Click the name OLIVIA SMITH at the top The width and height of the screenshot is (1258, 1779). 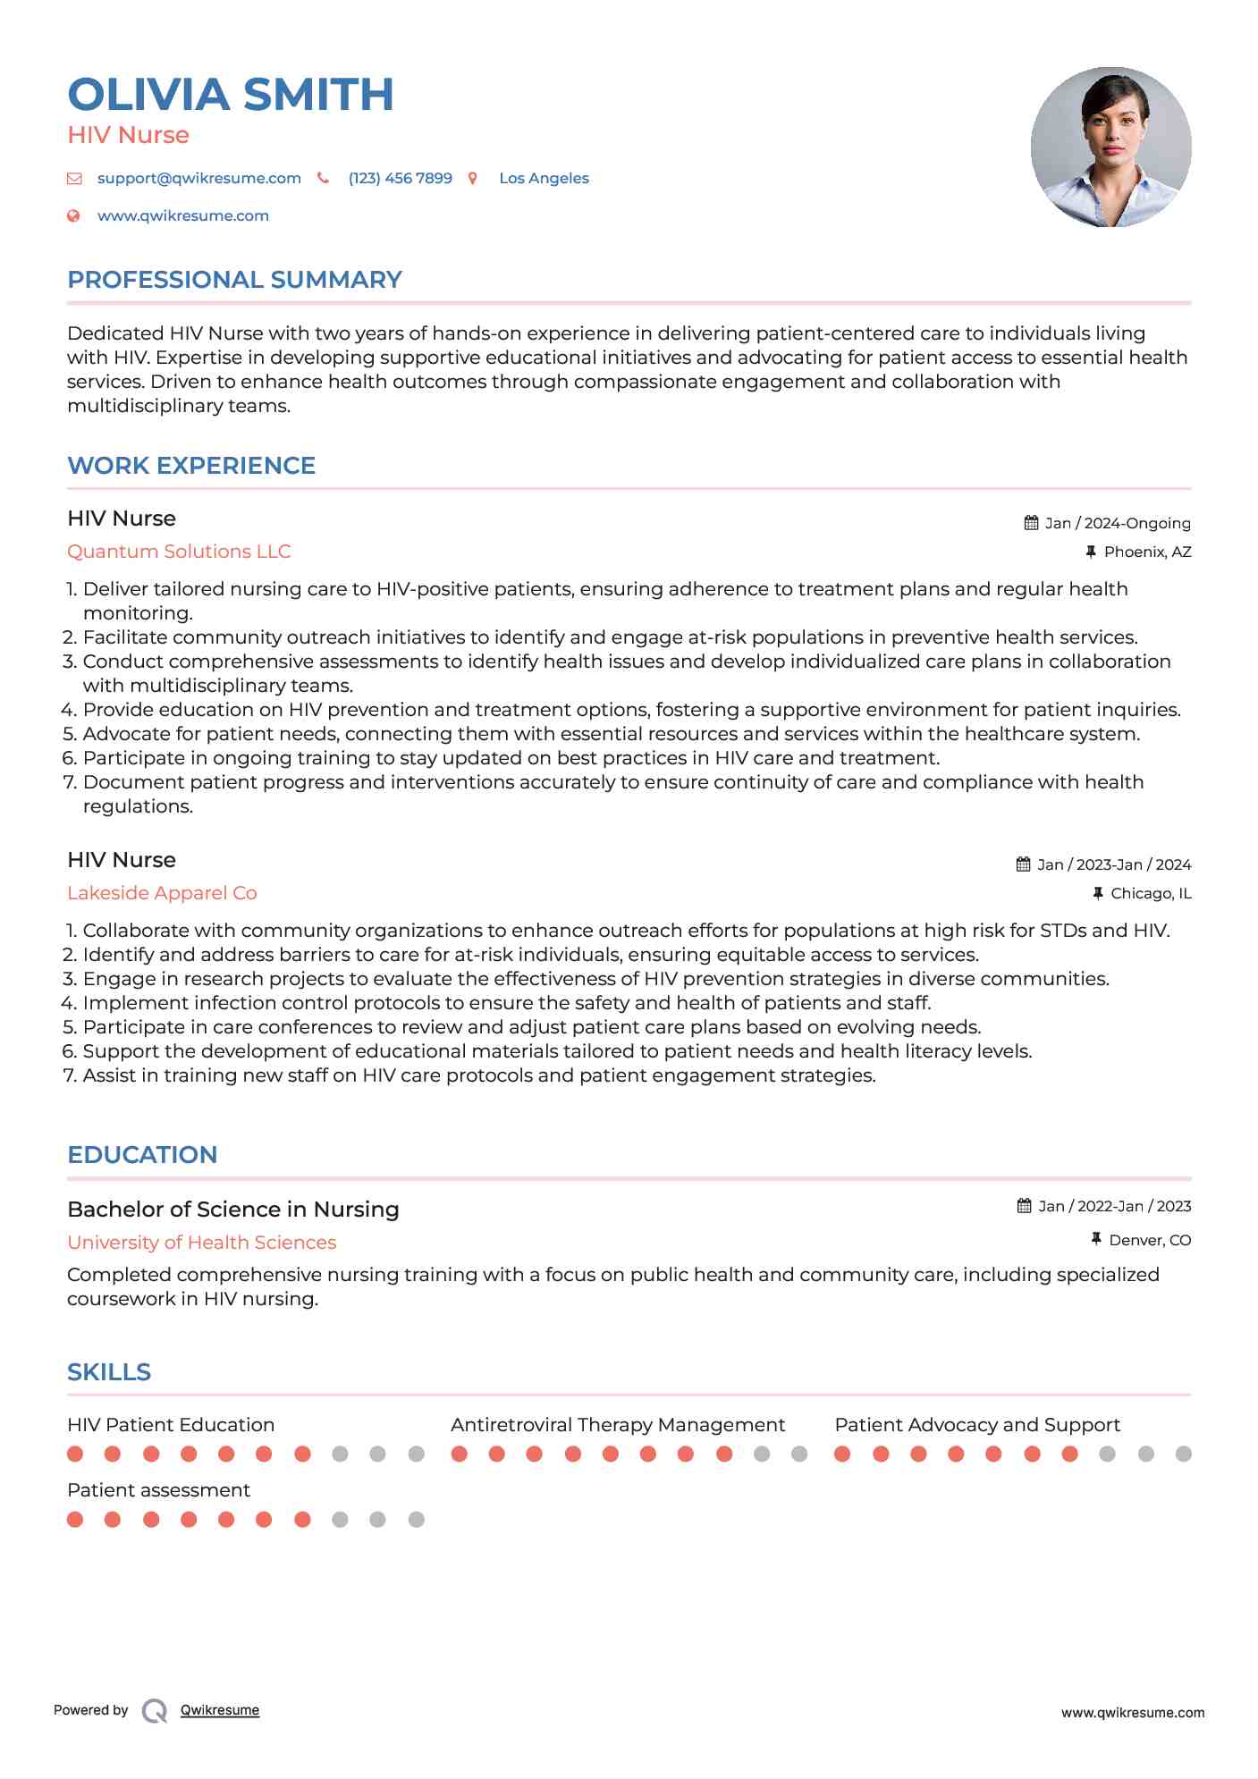(x=231, y=95)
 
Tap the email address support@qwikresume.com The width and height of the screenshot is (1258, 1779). (x=198, y=178)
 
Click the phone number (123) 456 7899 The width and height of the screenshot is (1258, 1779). (x=400, y=178)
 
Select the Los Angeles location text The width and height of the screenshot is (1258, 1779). (x=544, y=178)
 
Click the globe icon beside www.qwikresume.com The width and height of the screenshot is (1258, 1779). (x=74, y=215)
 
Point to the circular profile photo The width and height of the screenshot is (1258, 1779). (x=1110, y=147)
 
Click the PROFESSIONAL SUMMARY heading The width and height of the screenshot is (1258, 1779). (x=234, y=280)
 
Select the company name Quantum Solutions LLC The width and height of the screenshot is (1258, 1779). (x=179, y=552)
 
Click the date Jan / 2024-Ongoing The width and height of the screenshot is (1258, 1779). (x=1118, y=523)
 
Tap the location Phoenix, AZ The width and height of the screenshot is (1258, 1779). (x=1147, y=552)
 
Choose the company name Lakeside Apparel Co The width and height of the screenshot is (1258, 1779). (x=162, y=893)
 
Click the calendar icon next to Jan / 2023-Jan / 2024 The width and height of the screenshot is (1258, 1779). (x=1024, y=864)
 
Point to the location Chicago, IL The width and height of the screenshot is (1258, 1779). (x=1151, y=893)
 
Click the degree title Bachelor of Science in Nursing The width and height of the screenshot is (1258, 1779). (x=233, y=1210)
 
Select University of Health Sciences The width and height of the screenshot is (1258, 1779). (x=201, y=1243)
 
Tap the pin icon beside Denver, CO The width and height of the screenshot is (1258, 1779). (x=1096, y=1239)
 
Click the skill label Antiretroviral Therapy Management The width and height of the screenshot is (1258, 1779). (x=618, y=1425)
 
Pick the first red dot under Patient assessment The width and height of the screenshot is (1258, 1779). (x=75, y=1519)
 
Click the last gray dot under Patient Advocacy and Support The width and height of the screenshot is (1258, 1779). (x=1184, y=1454)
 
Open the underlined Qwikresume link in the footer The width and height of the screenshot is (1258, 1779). (x=220, y=1710)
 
